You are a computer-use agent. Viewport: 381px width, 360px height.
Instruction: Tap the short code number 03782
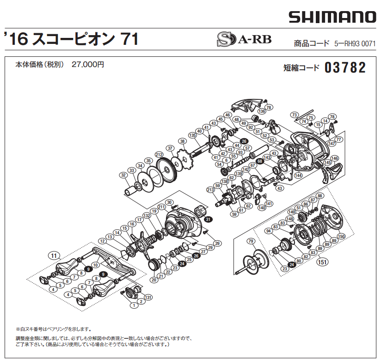pos(345,68)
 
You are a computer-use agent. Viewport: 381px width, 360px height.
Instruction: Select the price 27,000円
pos(88,65)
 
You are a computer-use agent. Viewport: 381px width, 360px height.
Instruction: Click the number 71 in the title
pos(129,39)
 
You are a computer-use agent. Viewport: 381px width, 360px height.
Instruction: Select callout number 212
pos(160,154)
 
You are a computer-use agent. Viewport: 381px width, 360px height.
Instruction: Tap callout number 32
pos(123,175)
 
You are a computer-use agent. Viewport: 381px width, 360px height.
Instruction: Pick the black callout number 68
pos(260,161)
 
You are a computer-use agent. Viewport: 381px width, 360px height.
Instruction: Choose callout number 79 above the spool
pos(251,241)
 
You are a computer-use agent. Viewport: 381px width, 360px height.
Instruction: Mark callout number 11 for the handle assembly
pos(54,255)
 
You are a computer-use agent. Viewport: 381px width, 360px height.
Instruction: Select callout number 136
pos(262,111)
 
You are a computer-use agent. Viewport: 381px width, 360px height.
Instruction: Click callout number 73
pos(294,115)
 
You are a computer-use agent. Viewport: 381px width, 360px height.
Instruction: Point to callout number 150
pos(341,236)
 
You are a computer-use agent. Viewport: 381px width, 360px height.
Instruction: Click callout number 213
pos(210,190)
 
